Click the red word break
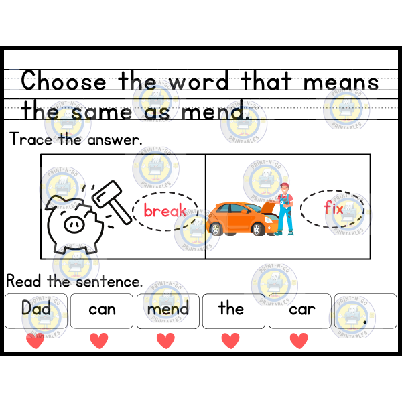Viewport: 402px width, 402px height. click(x=164, y=212)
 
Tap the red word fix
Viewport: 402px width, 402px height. click(x=333, y=208)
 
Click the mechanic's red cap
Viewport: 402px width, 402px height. click(x=285, y=187)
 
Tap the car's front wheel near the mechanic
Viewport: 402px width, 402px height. click(x=257, y=229)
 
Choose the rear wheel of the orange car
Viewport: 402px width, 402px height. click(x=215, y=229)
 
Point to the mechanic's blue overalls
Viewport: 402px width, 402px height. click(x=285, y=218)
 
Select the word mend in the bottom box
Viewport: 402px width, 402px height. click(x=167, y=310)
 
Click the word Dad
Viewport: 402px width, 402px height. click(x=35, y=308)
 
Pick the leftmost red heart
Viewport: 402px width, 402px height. click(x=35, y=341)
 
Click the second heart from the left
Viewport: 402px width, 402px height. click(x=99, y=341)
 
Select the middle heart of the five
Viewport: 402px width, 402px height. click(x=165, y=341)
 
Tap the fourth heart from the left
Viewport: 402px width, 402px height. click(x=230, y=341)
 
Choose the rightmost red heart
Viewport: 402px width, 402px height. click(x=299, y=341)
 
